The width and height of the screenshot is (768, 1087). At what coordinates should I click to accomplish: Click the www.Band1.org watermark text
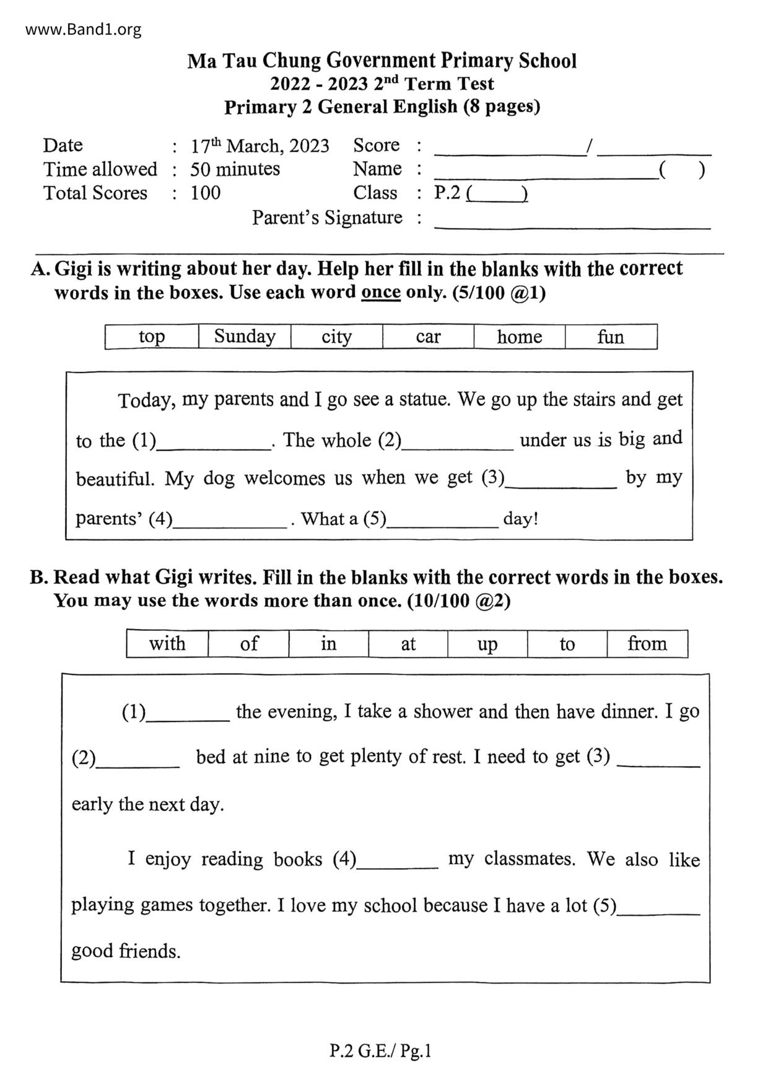click(x=83, y=29)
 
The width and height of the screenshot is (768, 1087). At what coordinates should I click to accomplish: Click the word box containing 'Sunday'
click(x=245, y=337)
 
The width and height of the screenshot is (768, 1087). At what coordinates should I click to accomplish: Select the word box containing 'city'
click(x=336, y=337)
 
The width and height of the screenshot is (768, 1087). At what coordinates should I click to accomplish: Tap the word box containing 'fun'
click(x=611, y=337)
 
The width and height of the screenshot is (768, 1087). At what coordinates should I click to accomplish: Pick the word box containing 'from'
click(x=647, y=644)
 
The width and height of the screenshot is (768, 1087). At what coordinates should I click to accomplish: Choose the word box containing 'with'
click(x=167, y=644)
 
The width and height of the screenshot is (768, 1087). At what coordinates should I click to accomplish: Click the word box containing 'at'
click(x=408, y=644)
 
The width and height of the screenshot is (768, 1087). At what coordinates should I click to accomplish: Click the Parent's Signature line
click(x=572, y=223)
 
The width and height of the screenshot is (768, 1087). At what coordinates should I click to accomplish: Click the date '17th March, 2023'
click(x=260, y=146)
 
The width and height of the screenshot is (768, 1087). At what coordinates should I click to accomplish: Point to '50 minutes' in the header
click(x=235, y=169)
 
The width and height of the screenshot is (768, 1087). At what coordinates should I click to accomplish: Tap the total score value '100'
click(x=205, y=193)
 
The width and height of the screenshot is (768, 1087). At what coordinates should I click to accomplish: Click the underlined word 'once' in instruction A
click(x=380, y=293)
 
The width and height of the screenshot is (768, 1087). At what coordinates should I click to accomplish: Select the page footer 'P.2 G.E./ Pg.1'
click(x=380, y=1051)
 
